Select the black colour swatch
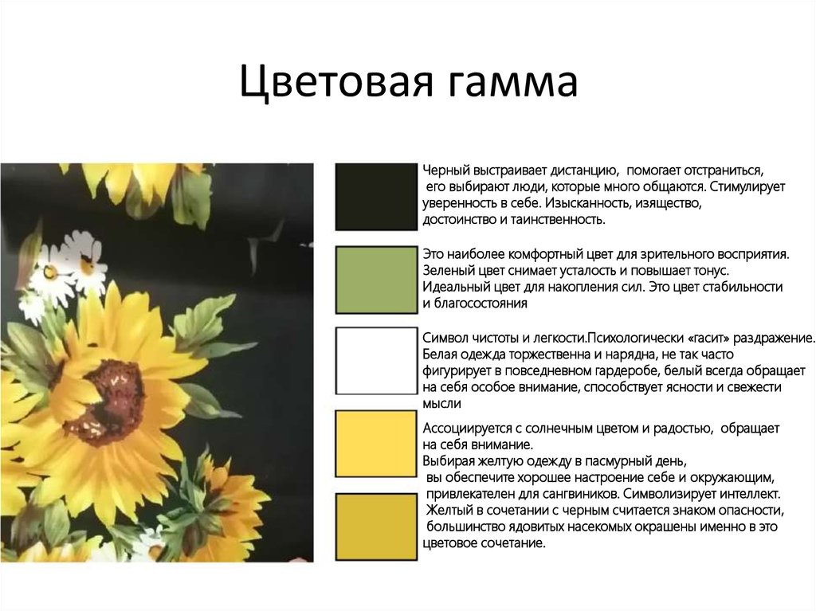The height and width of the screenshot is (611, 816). [x=376, y=198]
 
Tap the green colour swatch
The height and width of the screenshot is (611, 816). [x=376, y=279]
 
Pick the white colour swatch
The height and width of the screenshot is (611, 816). [x=376, y=361]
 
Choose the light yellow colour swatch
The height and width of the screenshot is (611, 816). [x=376, y=444]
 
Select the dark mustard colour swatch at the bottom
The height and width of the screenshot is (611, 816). [x=376, y=527]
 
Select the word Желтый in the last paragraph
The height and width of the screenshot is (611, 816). [x=450, y=511]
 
